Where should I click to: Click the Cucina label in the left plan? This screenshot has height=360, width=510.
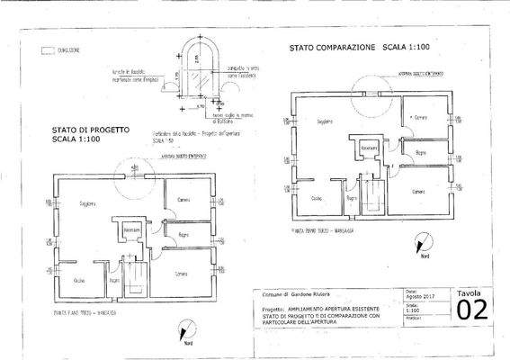pos(78,281)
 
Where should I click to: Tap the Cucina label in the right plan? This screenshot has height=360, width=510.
pos(317,198)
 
